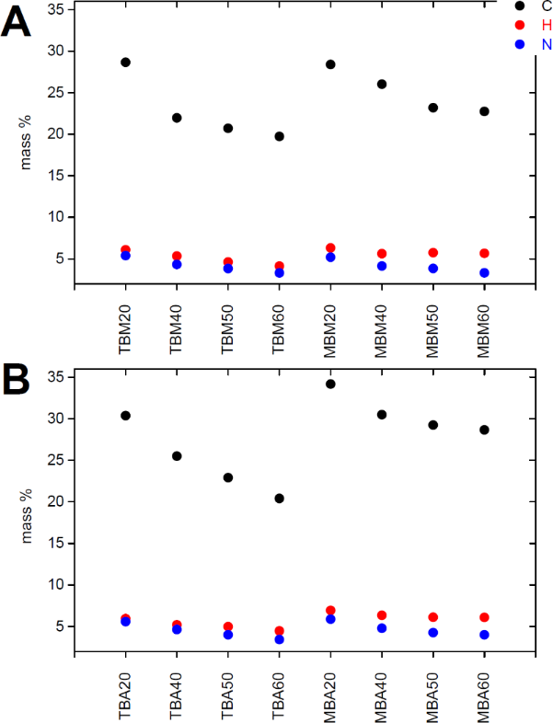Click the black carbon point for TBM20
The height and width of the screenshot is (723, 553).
point(125,63)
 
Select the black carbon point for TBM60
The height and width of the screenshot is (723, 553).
point(279,136)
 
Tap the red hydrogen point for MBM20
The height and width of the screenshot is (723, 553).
point(330,248)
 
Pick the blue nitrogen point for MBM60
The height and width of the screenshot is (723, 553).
point(484,273)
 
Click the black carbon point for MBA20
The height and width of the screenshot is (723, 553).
point(330,384)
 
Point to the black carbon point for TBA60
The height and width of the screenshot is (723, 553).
point(279,499)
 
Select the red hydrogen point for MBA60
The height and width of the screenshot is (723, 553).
point(484,617)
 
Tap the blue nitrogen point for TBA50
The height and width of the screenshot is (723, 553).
point(228,635)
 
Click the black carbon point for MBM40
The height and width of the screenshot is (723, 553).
point(382,84)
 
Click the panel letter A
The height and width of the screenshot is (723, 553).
point(16,23)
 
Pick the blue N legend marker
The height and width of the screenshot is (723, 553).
point(520,43)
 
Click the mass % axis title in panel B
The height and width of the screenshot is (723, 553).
point(29,521)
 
